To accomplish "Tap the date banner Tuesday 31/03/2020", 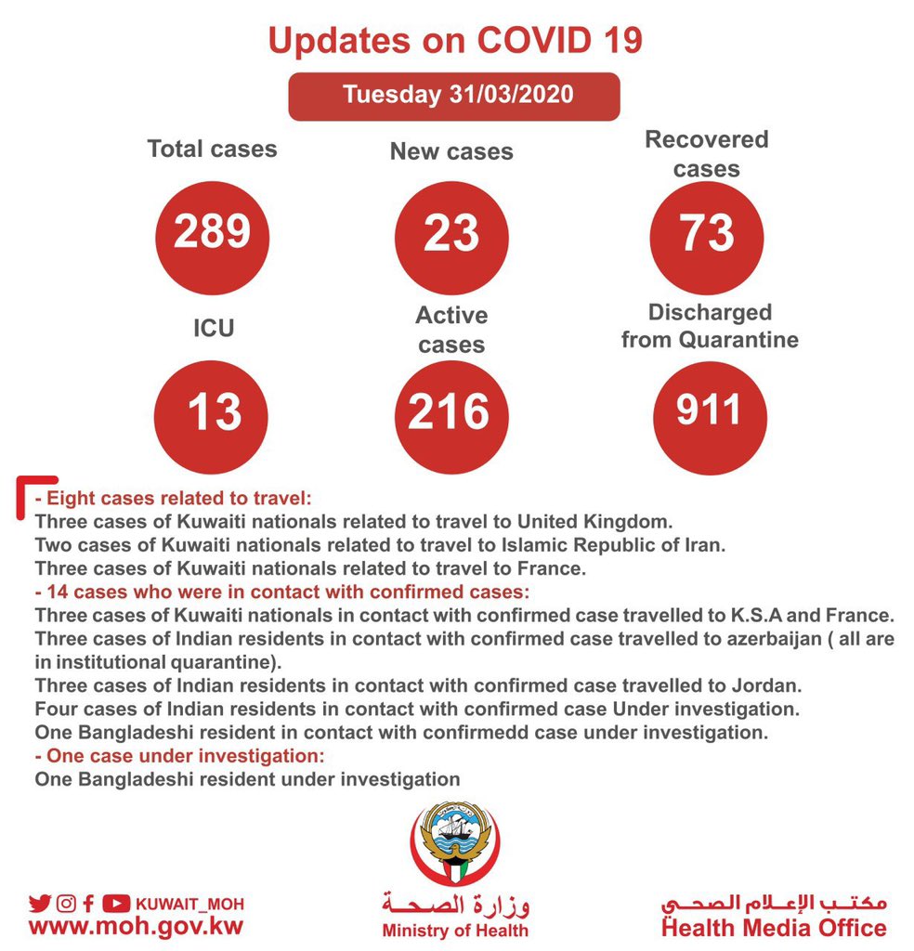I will click(x=453, y=96).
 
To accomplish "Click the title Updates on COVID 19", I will click(x=455, y=41).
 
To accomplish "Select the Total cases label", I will click(x=212, y=149).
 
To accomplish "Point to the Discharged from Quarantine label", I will click(x=710, y=326).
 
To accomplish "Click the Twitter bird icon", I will click(x=40, y=903).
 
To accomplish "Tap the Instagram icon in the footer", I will click(x=66, y=903).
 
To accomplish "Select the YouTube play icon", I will click(x=115, y=903).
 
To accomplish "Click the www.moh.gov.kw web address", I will click(x=136, y=927).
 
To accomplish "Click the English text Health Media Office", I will click(x=773, y=928).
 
